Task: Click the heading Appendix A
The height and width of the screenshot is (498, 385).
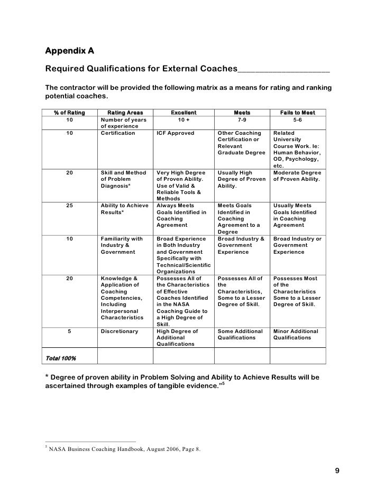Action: [x=69, y=51]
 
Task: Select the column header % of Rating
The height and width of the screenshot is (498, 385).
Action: [x=69, y=113]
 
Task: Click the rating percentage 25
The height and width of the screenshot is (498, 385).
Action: [x=70, y=206]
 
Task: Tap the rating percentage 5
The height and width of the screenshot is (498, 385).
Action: [x=70, y=331]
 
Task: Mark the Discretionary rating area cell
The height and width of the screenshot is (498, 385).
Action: [x=119, y=331]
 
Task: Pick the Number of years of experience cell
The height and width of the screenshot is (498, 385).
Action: [x=122, y=123]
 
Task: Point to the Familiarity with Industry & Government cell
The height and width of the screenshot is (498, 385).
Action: [x=122, y=245]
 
